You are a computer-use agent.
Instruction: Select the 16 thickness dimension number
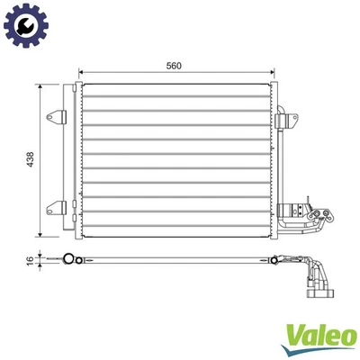tap(29, 259)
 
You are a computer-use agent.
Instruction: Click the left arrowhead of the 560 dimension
tap(84, 73)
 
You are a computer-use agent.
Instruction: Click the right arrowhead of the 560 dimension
tap(271, 73)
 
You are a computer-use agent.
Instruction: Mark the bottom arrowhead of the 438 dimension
tap(40, 235)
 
